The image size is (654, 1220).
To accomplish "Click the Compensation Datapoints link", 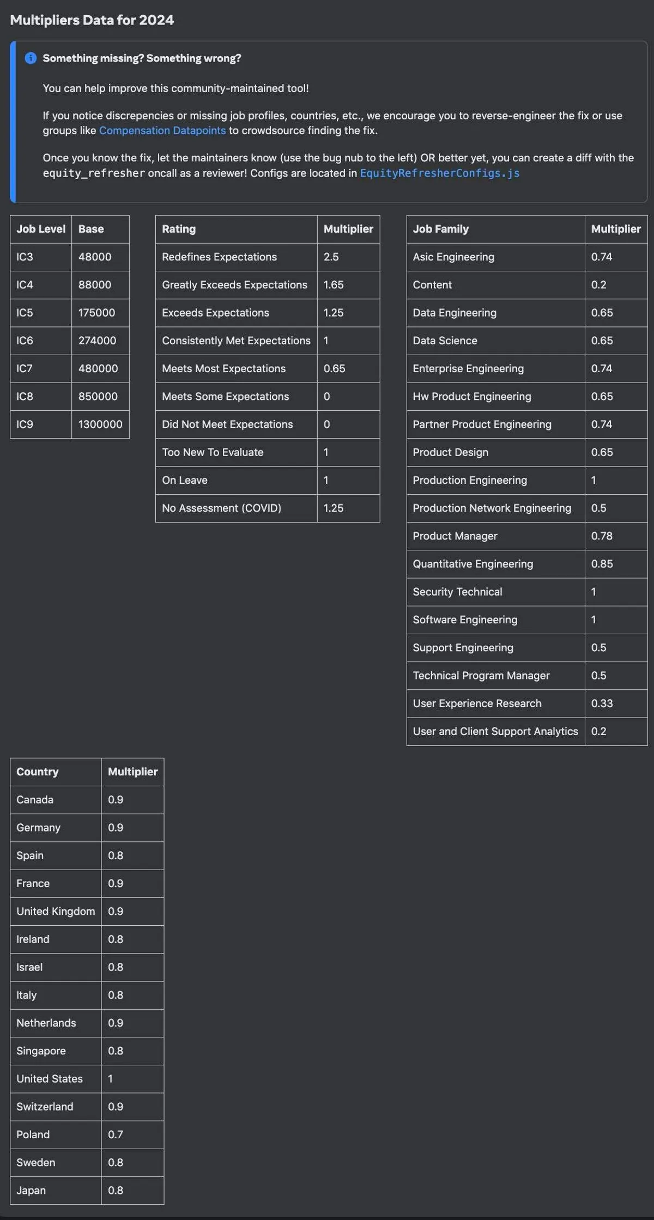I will tap(162, 131).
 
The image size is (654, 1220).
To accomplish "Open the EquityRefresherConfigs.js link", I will tap(439, 173).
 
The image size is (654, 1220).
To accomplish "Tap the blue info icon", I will tap(31, 58).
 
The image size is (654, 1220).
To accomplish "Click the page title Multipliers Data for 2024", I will tap(92, 20).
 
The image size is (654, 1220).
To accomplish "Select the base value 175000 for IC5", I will tap(96, 313).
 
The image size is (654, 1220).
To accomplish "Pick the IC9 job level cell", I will tap(25, 424).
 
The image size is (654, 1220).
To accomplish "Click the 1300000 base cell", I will tap(100, 424).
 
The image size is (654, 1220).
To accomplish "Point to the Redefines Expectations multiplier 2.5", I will tap(331, 257).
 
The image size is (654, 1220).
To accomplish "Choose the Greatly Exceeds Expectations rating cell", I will tap(234, 285).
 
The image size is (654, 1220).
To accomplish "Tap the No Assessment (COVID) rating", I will tap(221, 508).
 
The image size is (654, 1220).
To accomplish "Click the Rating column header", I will tap(179, 229).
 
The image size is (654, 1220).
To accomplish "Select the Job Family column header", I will tap(440, 229).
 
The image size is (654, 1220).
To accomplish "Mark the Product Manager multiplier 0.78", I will tap(602, 536).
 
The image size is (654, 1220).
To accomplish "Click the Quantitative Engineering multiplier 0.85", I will tap(602, 564).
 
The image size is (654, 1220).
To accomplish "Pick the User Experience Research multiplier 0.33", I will tap(602, 703).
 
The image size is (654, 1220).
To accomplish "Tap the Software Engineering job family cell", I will tap(465, 620).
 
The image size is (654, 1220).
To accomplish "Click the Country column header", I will tap(37, 772).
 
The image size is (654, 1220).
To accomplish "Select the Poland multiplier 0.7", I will tap(116, 1135).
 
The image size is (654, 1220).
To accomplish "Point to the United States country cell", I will tap(50, 1079).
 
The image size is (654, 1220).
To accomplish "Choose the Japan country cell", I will tap(31, 1191).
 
